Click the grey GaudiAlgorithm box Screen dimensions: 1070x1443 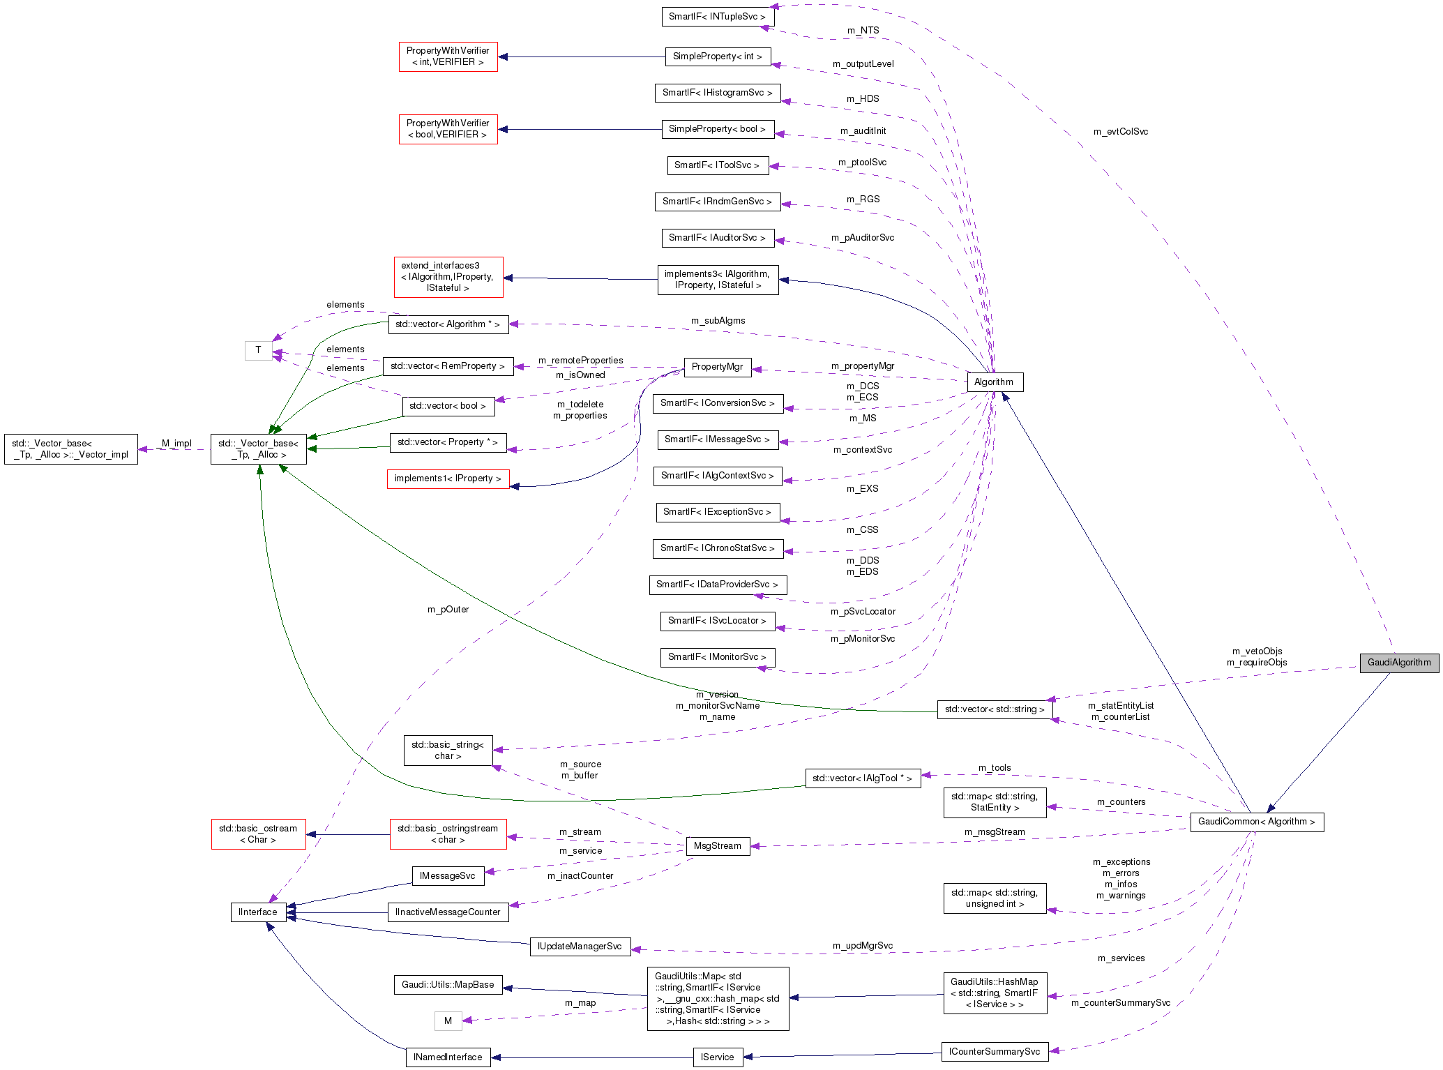[1398, 663]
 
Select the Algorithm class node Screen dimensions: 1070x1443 [995, 382]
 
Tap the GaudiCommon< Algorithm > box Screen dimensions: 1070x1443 [1256, 822]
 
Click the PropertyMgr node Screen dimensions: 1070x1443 [717, 367]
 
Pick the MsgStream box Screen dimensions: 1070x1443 [717, 846]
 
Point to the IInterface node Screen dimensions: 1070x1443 [258, 912]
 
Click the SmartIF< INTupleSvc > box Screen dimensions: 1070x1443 [717, 17]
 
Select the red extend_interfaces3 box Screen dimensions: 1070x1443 [448, 277]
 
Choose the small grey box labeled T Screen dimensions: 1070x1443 [258, 350]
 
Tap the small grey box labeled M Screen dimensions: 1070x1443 [448, 1021]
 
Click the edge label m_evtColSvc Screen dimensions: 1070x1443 [1120, 132]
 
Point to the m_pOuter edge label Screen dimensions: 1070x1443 [448, 610]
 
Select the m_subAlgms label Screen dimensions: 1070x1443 [718, 321]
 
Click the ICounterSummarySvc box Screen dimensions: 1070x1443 [994, 1052]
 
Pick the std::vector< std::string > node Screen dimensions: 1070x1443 [994, 709]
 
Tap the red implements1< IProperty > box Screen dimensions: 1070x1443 [448, 479]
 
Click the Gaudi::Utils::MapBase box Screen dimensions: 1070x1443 [448, 985]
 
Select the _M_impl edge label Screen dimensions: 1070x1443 [174, 444]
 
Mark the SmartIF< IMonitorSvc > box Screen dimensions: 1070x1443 [717, 657]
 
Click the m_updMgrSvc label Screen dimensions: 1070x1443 [862, 946]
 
